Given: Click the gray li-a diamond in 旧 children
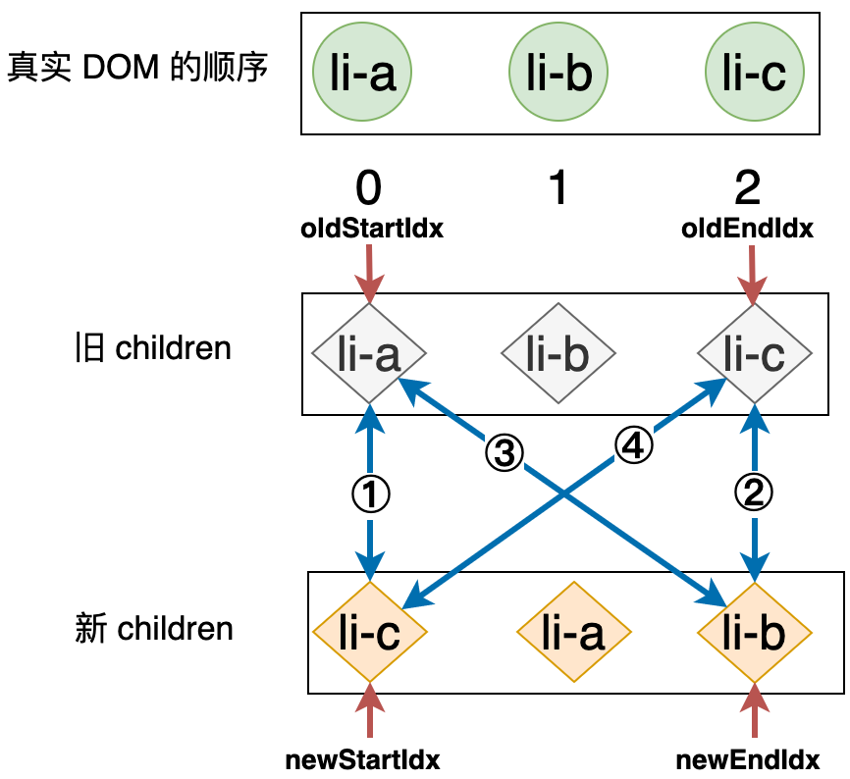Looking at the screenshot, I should [369, 353].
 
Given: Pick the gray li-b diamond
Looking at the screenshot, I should [558, 353].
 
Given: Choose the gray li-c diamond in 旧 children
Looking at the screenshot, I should [754, 353].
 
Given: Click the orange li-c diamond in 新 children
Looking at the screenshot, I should [369, 632].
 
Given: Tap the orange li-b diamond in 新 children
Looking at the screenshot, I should [754, 632].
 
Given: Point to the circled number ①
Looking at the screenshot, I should [370, 493].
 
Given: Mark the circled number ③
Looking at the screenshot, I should [504, 452].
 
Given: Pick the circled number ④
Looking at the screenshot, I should [633, 446].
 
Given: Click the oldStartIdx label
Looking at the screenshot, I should [372, 230].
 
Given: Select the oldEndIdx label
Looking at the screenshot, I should [748, 230].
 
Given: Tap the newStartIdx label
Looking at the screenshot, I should [362, 759].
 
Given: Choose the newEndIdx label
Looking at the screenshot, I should [748, 759].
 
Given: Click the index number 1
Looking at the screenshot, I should [558, 188].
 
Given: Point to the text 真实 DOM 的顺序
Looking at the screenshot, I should [137, 69].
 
